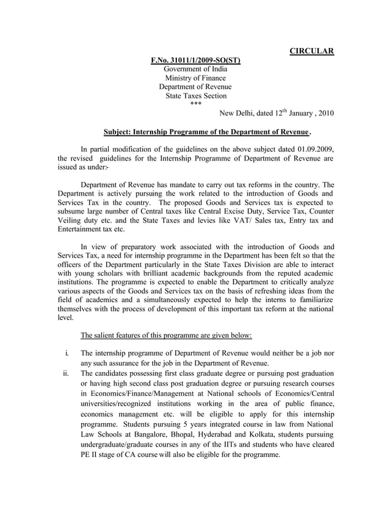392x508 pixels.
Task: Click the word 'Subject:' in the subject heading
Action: pos(118,132)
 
